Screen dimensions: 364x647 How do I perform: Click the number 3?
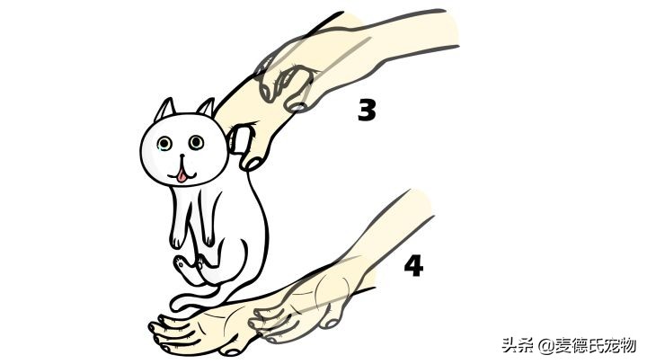(x=366, y=110)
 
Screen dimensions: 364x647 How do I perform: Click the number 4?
(x=413, y=268)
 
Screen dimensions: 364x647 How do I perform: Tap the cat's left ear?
(x=164, y=111)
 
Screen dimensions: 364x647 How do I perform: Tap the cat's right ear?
(x=207, y=109)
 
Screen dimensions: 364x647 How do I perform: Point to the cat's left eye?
(x=164, y=143)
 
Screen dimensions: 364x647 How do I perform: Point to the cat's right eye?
(x=195, y=142)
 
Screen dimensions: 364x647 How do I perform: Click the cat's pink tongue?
(x=183, y=174)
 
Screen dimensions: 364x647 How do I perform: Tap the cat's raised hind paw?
(x=184, y=262)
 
